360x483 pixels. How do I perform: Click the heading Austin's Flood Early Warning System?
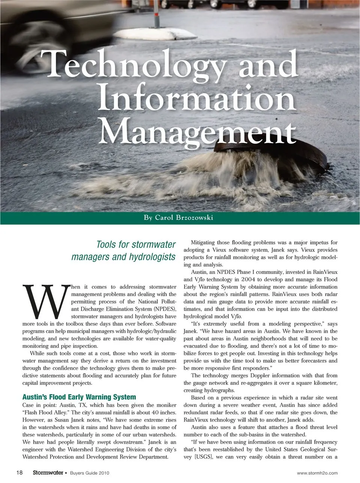tap(79, 397)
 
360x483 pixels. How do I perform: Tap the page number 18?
tap(20, 473)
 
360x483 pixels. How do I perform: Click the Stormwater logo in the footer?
tap(47, 473)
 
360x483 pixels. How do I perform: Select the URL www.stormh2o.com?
tap(317, 473)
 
